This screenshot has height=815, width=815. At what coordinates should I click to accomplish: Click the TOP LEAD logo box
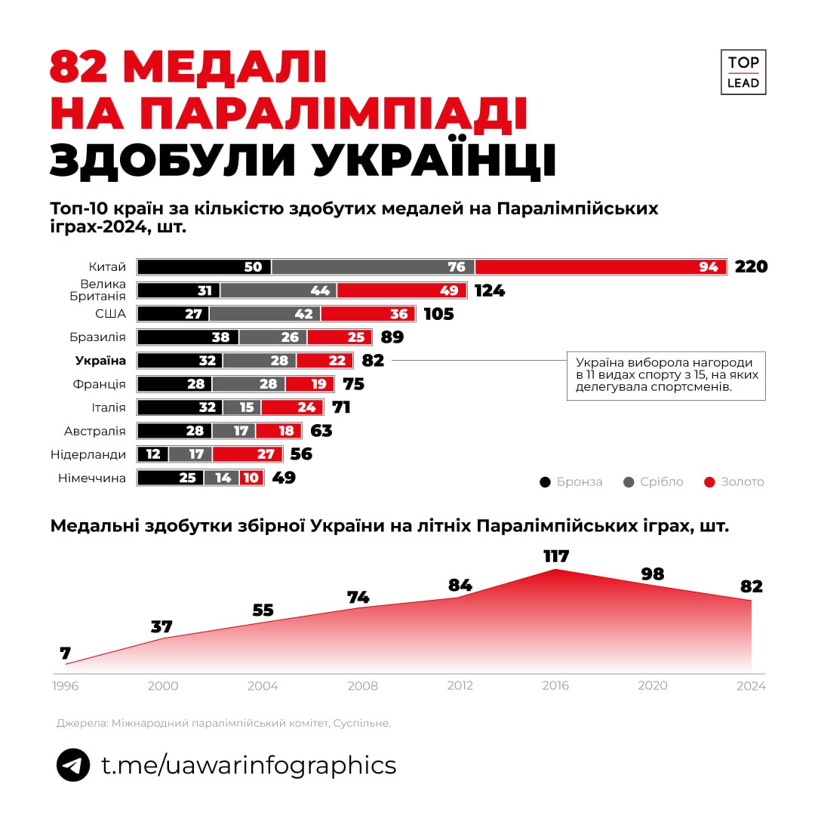pyautogui.click(x=743, y=72)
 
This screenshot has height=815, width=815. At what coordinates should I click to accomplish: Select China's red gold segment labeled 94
pyautogui.click(x=601, y=266)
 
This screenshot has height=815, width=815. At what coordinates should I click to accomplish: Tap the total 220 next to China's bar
pyautogui.click(x=751, y=266)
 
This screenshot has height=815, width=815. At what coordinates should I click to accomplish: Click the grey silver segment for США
pyautogui.click(x=265, y=314)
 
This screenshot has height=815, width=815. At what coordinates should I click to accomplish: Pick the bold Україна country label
pyautogui.click(x=100, y=361)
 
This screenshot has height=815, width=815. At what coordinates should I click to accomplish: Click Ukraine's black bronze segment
pyautogui.click(x=180, y=361)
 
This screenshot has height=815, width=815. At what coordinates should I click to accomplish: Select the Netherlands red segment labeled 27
pyautogui.click(x=248, y=454)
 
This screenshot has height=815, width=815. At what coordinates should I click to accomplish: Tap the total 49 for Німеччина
pyautogui.click(x=283, y=478)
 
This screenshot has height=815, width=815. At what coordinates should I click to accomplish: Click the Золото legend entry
pyautogui.click(x=733, y=481)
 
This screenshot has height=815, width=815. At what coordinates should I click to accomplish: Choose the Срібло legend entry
pyautogui.click(x=654, y=481)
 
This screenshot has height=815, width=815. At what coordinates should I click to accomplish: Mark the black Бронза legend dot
pyautogui.click(x=546, y=481)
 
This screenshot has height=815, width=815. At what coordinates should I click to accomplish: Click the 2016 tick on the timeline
pyautogui.click(x=556, y=686)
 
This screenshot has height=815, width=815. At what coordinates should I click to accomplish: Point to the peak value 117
pyautogui.click(x=556, y=557)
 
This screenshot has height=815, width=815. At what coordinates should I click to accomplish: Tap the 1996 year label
pyautogui.click(x=65, y=686)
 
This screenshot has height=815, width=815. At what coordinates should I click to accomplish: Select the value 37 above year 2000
pyautogui.click(x=161, y=626)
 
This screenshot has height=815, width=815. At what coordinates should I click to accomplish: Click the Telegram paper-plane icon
pyautogui.click(x=73, y=765)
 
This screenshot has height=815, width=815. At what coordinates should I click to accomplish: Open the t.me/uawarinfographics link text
pyautogui.click(x=248, y=765)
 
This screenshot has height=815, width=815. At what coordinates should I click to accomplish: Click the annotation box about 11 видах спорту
pyautogui.click(x=666, y=375)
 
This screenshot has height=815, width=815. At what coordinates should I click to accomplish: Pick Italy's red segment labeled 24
pyautogui.click(x=292, y=407)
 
